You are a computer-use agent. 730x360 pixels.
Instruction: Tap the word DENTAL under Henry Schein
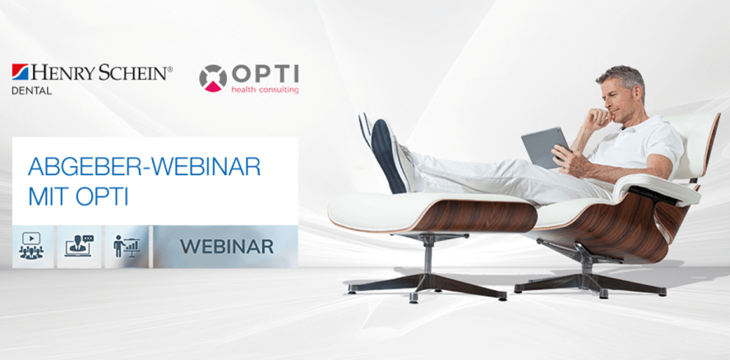32,91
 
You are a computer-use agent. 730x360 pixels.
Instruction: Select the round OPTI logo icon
213,77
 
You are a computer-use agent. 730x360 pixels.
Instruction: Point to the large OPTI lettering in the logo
264,72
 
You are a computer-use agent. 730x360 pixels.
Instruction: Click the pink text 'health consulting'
264,90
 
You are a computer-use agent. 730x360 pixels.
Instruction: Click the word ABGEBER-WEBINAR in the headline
144,167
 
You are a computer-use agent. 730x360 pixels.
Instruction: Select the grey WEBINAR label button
226,246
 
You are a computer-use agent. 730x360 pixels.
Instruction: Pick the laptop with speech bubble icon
79,245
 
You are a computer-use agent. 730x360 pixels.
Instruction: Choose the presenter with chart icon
127,245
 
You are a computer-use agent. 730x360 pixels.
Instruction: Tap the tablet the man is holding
543,146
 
